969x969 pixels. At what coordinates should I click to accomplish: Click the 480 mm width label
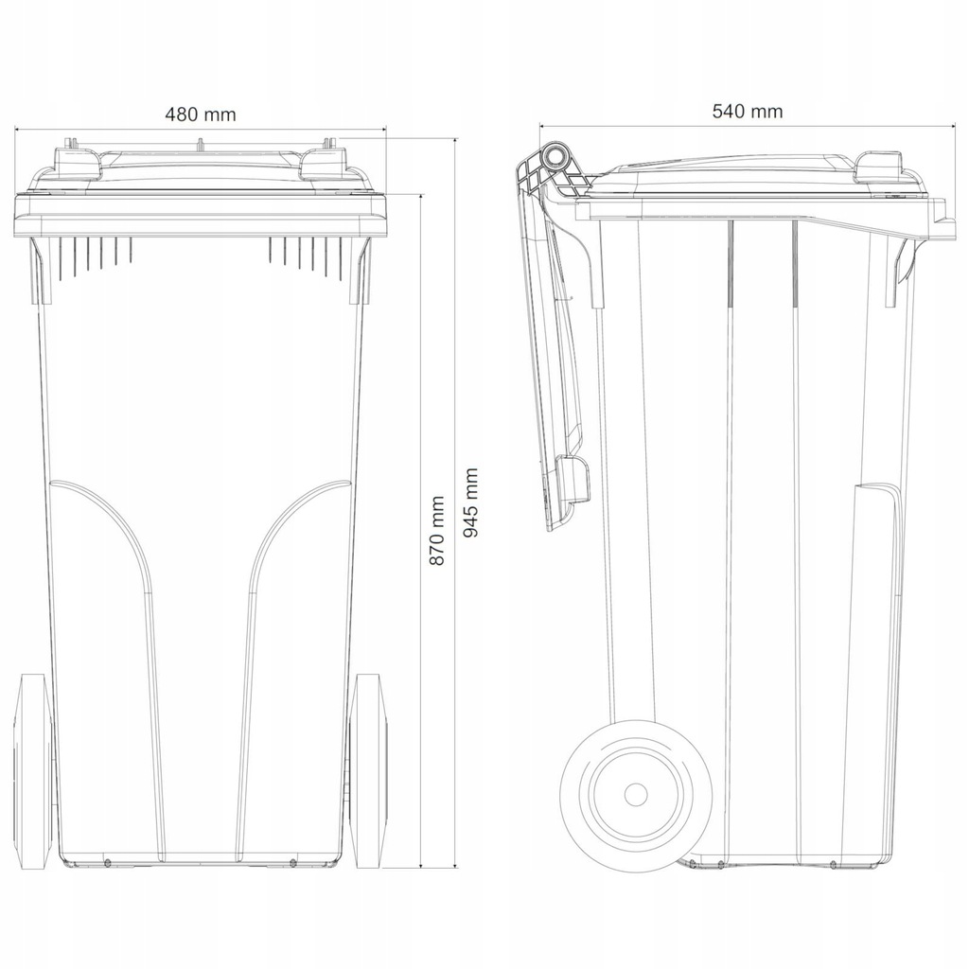tap(201, 115)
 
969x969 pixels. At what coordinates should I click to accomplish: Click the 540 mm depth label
tap(748, 112)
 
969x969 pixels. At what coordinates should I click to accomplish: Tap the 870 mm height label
tap(437, 530)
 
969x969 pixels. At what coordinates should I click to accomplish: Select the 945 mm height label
tap(471, 502)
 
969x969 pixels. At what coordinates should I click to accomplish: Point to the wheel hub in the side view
tap(635, 794)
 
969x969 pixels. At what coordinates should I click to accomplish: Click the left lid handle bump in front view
tap(78, 163)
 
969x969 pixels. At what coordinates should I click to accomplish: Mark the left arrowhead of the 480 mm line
tap(17, 130)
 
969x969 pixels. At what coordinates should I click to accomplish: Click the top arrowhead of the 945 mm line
tap(456, 142)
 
